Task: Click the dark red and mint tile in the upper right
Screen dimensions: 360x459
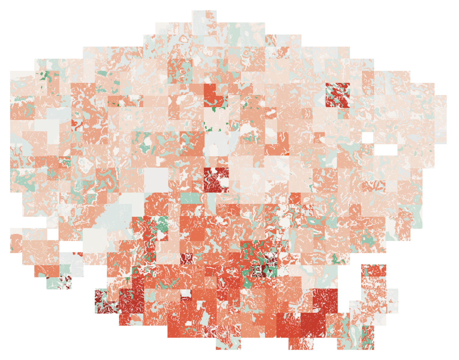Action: pyautogui.click(x=337, y=95)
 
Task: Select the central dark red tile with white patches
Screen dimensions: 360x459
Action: pyautogui.click(x=216, y=180)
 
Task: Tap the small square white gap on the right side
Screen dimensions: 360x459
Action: pyautogui.click(x=368, y=138)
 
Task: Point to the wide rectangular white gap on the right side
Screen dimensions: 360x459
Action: pyautogui.click(x=386, y=150)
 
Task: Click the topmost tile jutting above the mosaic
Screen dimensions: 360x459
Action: pyautogui.click(x=204, y=17)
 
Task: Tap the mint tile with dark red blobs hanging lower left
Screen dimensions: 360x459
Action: pyautogui.click(x=59, y=282)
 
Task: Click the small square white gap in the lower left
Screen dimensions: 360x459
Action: pyautogui.click(x=53, y=234)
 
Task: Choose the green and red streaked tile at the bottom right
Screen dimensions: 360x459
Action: pyautogui.click(x=368, y=337)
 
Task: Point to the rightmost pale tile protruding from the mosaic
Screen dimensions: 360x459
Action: pyautogui.click(x=440, y=119)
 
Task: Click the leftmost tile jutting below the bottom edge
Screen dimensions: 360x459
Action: pyautogui.click(x=228, y=344)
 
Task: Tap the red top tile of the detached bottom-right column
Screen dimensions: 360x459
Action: pyautogui.click(x=374, y=270)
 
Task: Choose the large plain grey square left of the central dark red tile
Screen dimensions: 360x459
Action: pyautogui.click(x=156, y=180)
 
